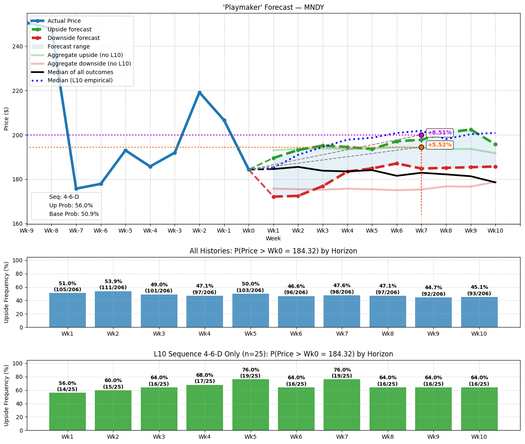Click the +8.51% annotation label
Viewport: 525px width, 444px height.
pyautogui.click(x=440, y=133)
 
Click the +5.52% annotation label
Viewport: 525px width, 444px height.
pyautogui.click(x=440, y=145)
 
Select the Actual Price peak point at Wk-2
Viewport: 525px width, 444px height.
pyautogui.click(x=199, y=93)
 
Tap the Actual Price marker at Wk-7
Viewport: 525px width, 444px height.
pyautogui.click(x=76, y=189)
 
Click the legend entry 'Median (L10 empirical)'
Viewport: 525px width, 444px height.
pyautogui.click(x=80, y=80)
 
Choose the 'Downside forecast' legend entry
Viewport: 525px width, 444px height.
pyautogui.click(x=73, y=38)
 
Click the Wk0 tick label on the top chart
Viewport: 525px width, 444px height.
pyautogui.click(x=249, y=231)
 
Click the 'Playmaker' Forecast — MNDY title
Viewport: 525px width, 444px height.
pyautogui.click(x=273, y=7)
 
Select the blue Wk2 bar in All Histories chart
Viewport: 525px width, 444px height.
pyautogui.click(x=113, y=309)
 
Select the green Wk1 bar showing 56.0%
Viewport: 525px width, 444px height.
pyautogui.click(x=68, y=411)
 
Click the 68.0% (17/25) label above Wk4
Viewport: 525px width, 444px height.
pyautogui.click(x=205, y=378)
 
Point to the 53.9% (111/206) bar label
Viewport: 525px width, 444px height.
pyautogui.click(x=113, y=284)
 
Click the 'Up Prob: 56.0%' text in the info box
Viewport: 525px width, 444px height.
pyautogui.click(x=71, y=205)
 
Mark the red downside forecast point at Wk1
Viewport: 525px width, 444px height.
pyautogui.click(x=273, y=197)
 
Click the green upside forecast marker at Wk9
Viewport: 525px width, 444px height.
pyautogui.click(x=471, y=130)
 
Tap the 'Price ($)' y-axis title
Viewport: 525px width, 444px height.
pyautogui.click(x=6, y=119)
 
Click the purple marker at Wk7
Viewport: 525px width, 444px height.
pyautogui.click(x=421, y=135)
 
